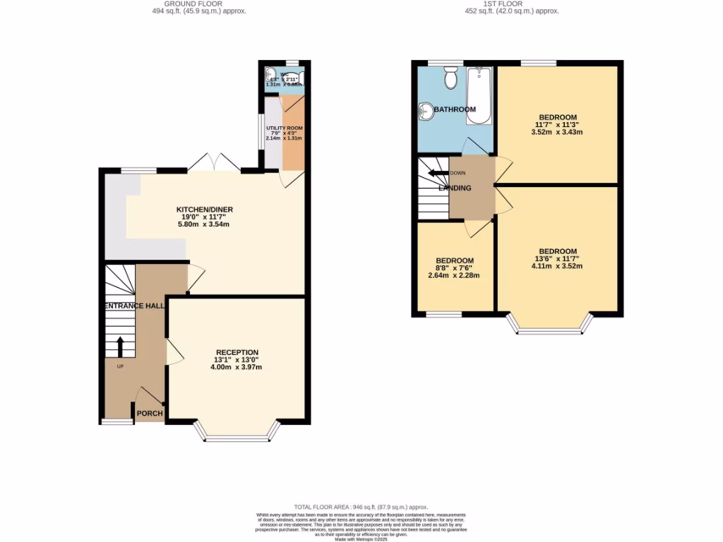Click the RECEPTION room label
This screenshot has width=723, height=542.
click(x=237, y=352)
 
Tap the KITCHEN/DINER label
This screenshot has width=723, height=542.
click(x=205, y=210)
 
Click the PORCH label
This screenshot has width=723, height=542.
click(x=149, y=414)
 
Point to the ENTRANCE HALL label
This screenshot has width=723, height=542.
click(x=135, y=306)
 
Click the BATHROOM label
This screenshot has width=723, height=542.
click(x=455, y=109)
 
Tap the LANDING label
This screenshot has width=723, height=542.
click(x=455, y=188)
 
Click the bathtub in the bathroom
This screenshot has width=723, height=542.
click(x=480, y=95)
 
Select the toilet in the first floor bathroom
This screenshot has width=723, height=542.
click(x=450, y=78)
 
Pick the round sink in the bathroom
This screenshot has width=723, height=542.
click(x=426, y=111)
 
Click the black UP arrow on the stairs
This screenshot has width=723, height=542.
click(x=119, y=347)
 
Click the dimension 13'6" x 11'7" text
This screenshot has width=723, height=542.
click(x=558, y=259)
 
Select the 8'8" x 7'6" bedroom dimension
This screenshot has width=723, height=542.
click(x=455, y=268)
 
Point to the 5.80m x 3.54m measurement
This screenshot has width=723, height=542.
click(x=205, y=224)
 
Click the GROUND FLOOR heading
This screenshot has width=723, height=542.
click(x=200, y=4)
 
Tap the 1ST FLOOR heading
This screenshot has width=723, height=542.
click(x=512, y=4)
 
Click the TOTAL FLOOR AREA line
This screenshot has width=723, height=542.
click(x=361, y=507)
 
